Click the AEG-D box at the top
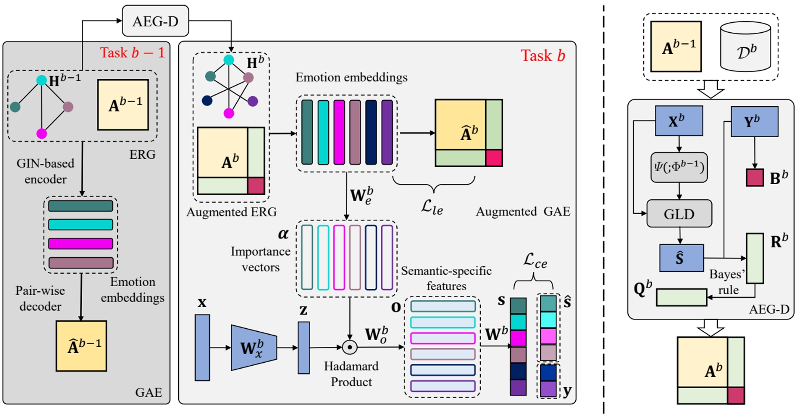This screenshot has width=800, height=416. pos(155,21)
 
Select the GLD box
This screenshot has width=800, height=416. pos(679,214)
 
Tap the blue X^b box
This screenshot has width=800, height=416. pos(679,121)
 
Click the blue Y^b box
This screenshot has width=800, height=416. pos(754,122)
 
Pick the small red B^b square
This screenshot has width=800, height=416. pos(755,177)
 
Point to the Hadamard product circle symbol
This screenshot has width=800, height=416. pos(350,347)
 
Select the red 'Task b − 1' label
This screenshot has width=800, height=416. pos(132,52)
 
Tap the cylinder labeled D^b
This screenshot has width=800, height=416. pos(745,47)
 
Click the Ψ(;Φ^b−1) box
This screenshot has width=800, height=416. pos(679,167)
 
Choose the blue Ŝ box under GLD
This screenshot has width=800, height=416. pos(681,258)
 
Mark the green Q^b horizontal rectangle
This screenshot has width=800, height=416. pos(681,297)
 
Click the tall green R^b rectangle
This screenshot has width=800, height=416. pos(755,259)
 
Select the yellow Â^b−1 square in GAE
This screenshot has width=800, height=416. pos(81,346)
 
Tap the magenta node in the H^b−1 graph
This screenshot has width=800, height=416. pos(42,134)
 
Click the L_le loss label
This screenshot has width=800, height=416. pos(432,207)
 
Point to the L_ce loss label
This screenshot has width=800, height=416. pos(535,260)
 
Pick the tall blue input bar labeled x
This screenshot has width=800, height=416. pos(202,348)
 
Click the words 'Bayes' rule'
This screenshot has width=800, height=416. pos(728,282)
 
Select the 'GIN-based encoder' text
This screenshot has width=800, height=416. pos(45,171)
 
